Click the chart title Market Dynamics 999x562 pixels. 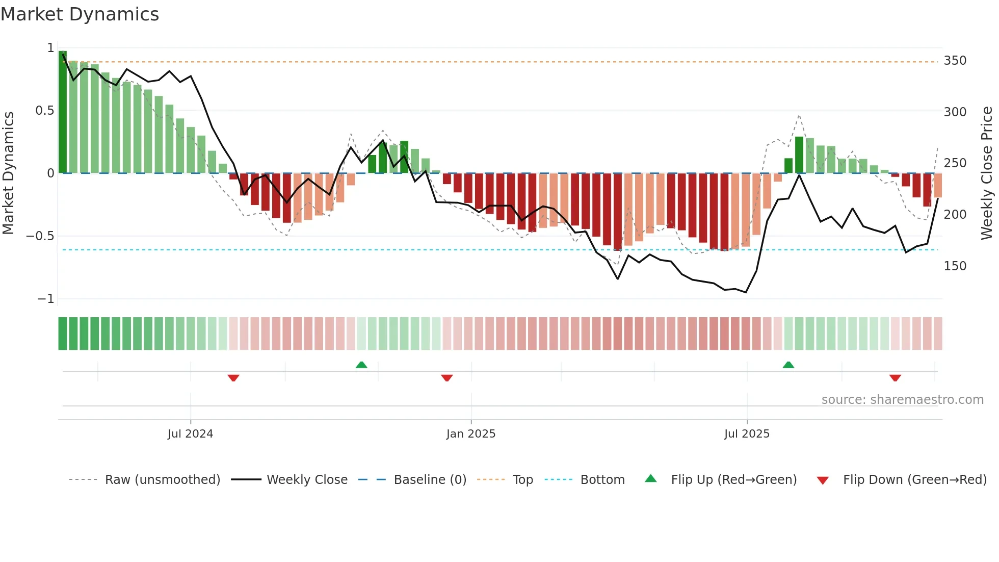coord(80,14)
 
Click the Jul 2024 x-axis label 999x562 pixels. coord(190,434)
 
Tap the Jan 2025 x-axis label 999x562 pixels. coord(470,434)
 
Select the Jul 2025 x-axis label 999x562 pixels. coord(747,434)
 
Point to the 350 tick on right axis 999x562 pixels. coord(955,61)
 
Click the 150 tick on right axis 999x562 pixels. coord(955,266)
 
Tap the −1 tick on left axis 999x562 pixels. coord(46,299)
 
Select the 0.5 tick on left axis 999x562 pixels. coord(45,111)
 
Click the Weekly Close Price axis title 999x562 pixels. coord(987,173)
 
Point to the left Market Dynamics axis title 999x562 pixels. coord(8,173)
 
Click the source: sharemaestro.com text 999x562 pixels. coord(902,400)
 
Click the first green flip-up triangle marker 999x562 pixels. coord(361,365)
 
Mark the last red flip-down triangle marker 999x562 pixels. coord(895,378)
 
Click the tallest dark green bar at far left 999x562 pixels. coord(63,112)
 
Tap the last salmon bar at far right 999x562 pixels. coord(938,186)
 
